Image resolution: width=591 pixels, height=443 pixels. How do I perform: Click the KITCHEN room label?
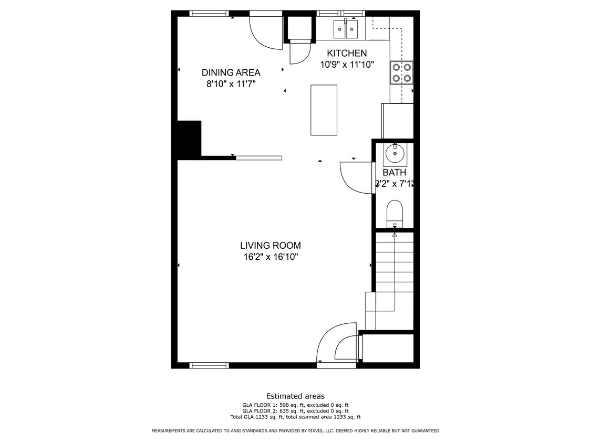[347, 53]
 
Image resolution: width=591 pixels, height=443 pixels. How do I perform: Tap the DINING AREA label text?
[231, 72]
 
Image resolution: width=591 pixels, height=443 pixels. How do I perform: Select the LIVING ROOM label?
[271, 245]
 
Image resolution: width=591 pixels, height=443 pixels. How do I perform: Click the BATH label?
[394, 172]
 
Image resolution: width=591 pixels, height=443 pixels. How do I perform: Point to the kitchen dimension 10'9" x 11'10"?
[347, 65]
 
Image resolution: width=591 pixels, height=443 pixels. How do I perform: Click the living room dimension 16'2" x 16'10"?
[271, 257]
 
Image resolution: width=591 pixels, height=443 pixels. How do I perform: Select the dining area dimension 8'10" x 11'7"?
[231, 83]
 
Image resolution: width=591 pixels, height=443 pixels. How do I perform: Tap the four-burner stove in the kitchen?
[401, 72]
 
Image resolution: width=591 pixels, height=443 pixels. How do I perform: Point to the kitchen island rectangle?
[324, 110]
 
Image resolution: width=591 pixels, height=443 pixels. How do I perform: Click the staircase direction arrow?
[395, 235]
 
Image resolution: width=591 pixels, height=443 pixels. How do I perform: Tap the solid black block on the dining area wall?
[189, 139]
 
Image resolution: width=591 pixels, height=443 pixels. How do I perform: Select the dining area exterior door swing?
[265, 33]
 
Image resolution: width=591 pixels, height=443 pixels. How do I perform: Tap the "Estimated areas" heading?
[295, 396]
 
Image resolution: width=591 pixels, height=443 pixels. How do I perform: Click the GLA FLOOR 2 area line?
[295, 411]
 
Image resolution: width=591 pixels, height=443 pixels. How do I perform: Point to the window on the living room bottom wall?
[209, 365]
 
